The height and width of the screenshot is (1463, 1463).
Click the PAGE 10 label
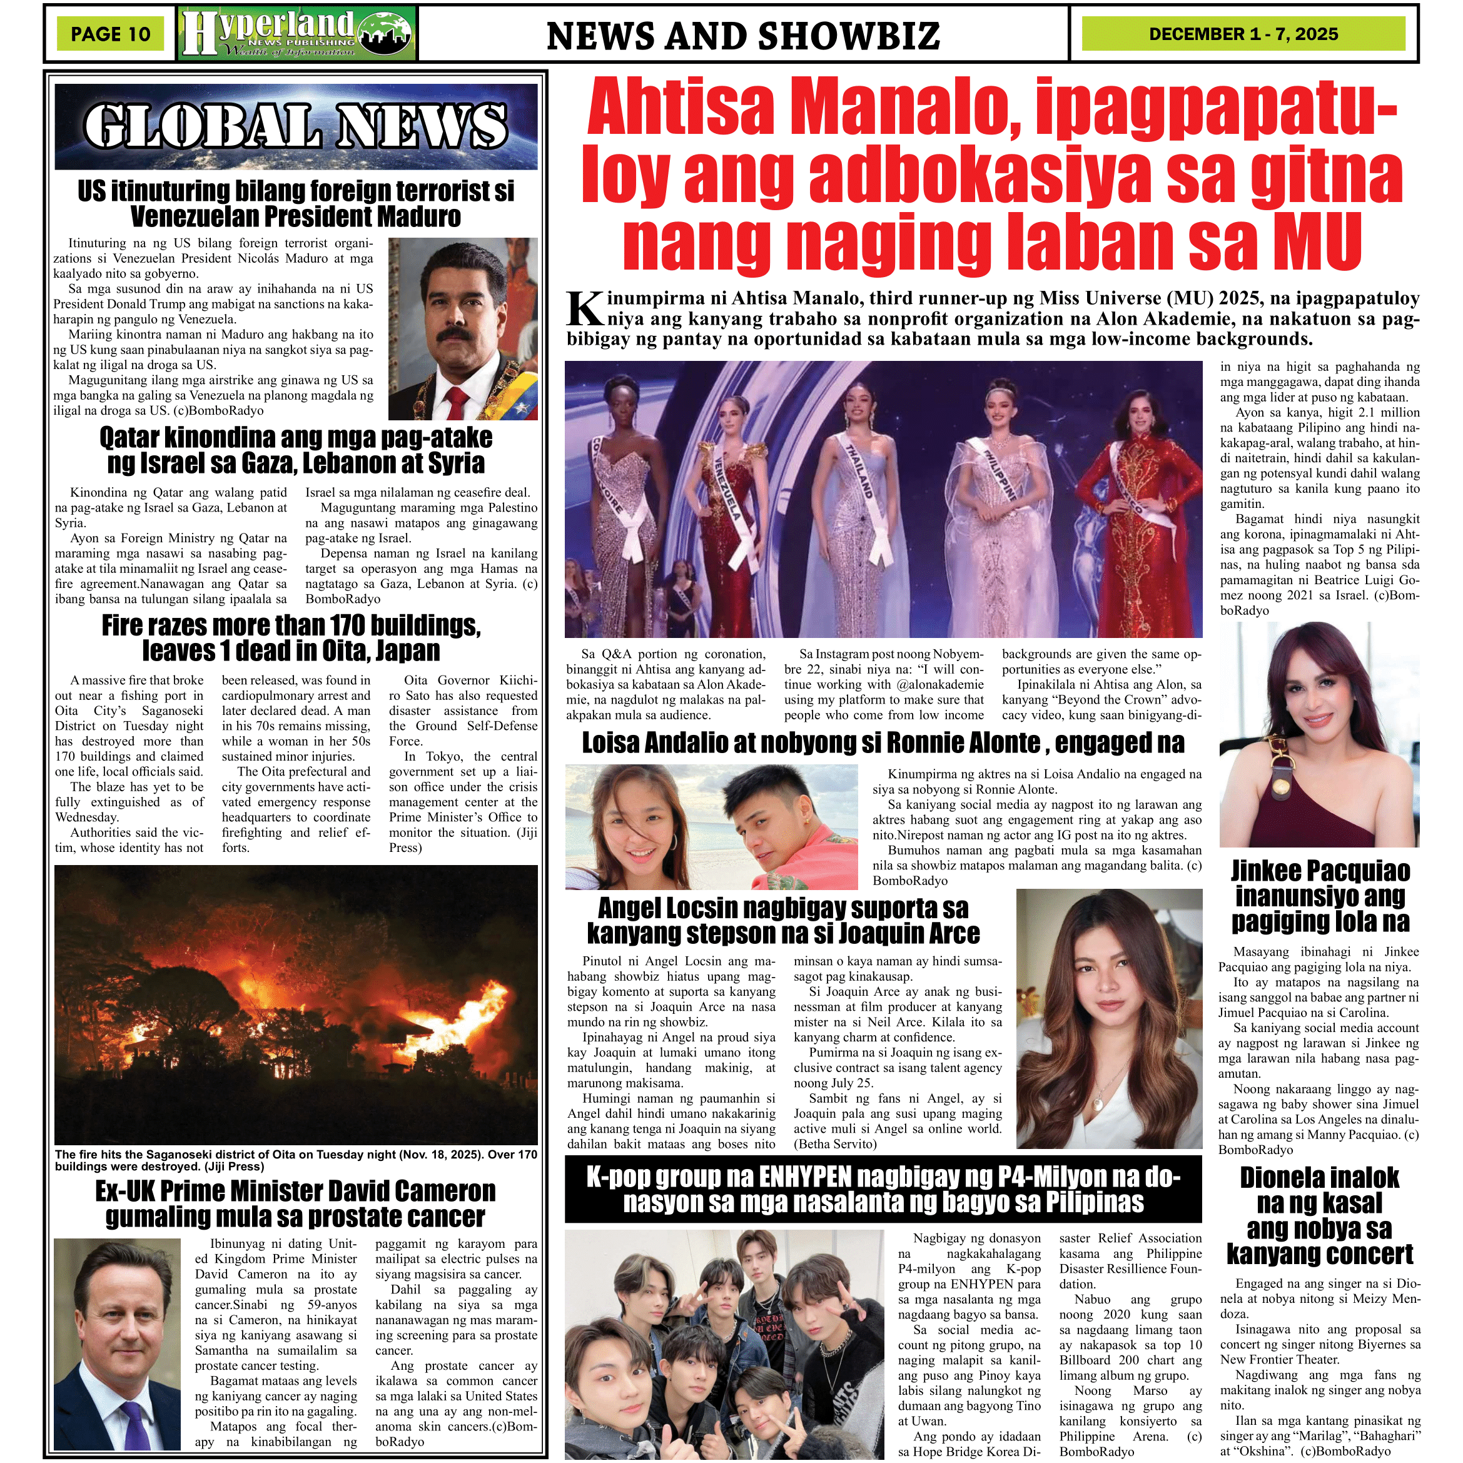pos(111,34)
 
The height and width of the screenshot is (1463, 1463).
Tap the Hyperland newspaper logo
pos(298,33)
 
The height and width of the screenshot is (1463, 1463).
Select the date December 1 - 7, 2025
pos(1243,34)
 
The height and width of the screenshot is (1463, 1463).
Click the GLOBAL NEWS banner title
pos(295,126)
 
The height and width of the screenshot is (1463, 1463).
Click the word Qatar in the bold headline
pos(129,438)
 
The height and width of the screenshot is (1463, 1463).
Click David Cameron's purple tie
pos(136,1424)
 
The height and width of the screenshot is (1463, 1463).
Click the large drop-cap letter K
pos(585,309)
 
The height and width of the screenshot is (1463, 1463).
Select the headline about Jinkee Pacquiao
pos(1320,896)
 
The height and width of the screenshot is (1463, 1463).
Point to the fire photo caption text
pos(295,1160)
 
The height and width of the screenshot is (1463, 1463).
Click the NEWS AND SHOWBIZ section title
pos(743,36)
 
